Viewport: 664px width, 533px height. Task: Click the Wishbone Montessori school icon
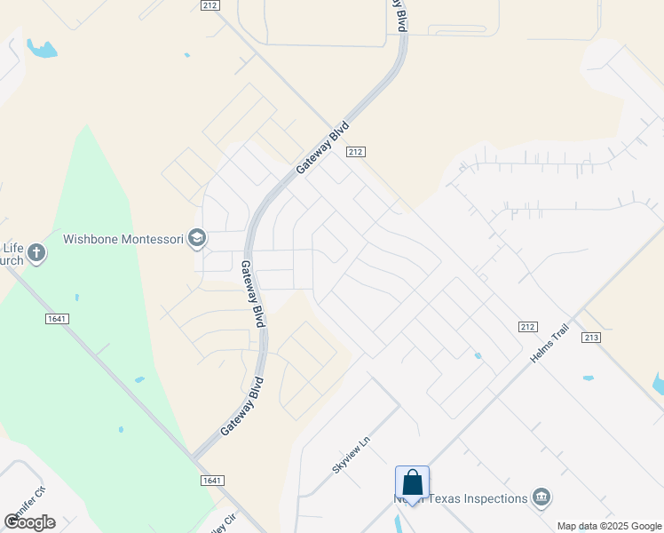pos(197,238)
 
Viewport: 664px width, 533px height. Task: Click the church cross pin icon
pos(36,254)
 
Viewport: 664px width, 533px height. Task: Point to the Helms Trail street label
pos(549,343)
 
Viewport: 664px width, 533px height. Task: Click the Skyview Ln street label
pos(350,455)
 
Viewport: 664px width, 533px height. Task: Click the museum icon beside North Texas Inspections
pos(541,497)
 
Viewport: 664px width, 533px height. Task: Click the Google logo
pos(29,521)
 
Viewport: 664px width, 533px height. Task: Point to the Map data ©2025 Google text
pos(610,526)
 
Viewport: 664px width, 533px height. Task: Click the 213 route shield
pos(591,338)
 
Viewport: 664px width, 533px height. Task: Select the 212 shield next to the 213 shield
pos(528,327)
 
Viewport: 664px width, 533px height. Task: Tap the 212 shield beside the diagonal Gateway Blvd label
pos(355,152)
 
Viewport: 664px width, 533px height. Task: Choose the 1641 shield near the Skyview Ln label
pos(210,480)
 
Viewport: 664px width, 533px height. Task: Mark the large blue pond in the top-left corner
pos(41,48)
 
